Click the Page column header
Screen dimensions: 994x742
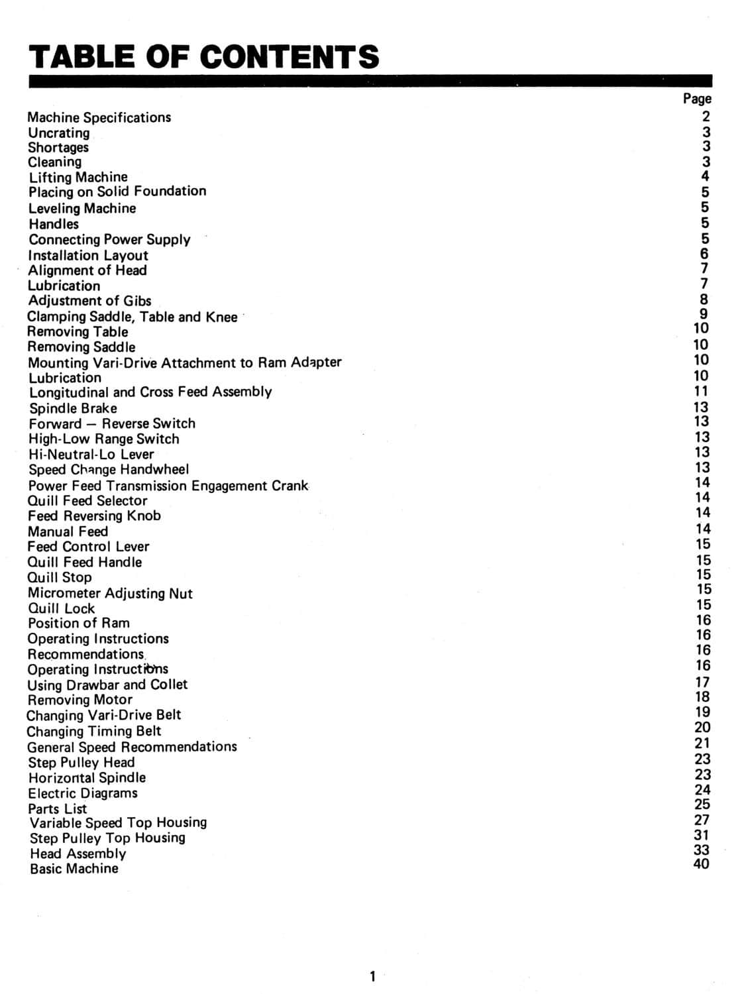(x=697, y=99)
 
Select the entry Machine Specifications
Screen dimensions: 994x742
(x=99, y=117)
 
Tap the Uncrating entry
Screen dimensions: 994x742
(x=58, y=133)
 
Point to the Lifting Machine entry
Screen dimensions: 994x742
(x=78, y=177)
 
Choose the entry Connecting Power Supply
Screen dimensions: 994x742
(x=109, y=239)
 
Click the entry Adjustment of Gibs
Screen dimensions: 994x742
(x=89, y=301)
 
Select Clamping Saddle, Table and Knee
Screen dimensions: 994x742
(x=132, y=317)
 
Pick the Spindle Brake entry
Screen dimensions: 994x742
(x=73, y=408)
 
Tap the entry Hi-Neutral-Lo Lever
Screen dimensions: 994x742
(x=91, y=454)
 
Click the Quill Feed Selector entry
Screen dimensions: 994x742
(x=87, y=500)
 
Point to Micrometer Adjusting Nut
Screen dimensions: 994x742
(x=110, y=593)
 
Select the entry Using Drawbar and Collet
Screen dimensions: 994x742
(x=107, y=685)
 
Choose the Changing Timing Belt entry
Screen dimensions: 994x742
(x=94, y=731)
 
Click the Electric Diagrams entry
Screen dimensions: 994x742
(x=83, y=793)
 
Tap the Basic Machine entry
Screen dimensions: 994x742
(x=74, y=868)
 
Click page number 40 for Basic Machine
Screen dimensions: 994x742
(x=701, y=863)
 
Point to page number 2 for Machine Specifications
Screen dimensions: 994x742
(x=706, y=117)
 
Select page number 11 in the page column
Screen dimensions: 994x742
(x=701, y=391)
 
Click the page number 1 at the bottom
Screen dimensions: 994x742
(x=372, y=976)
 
